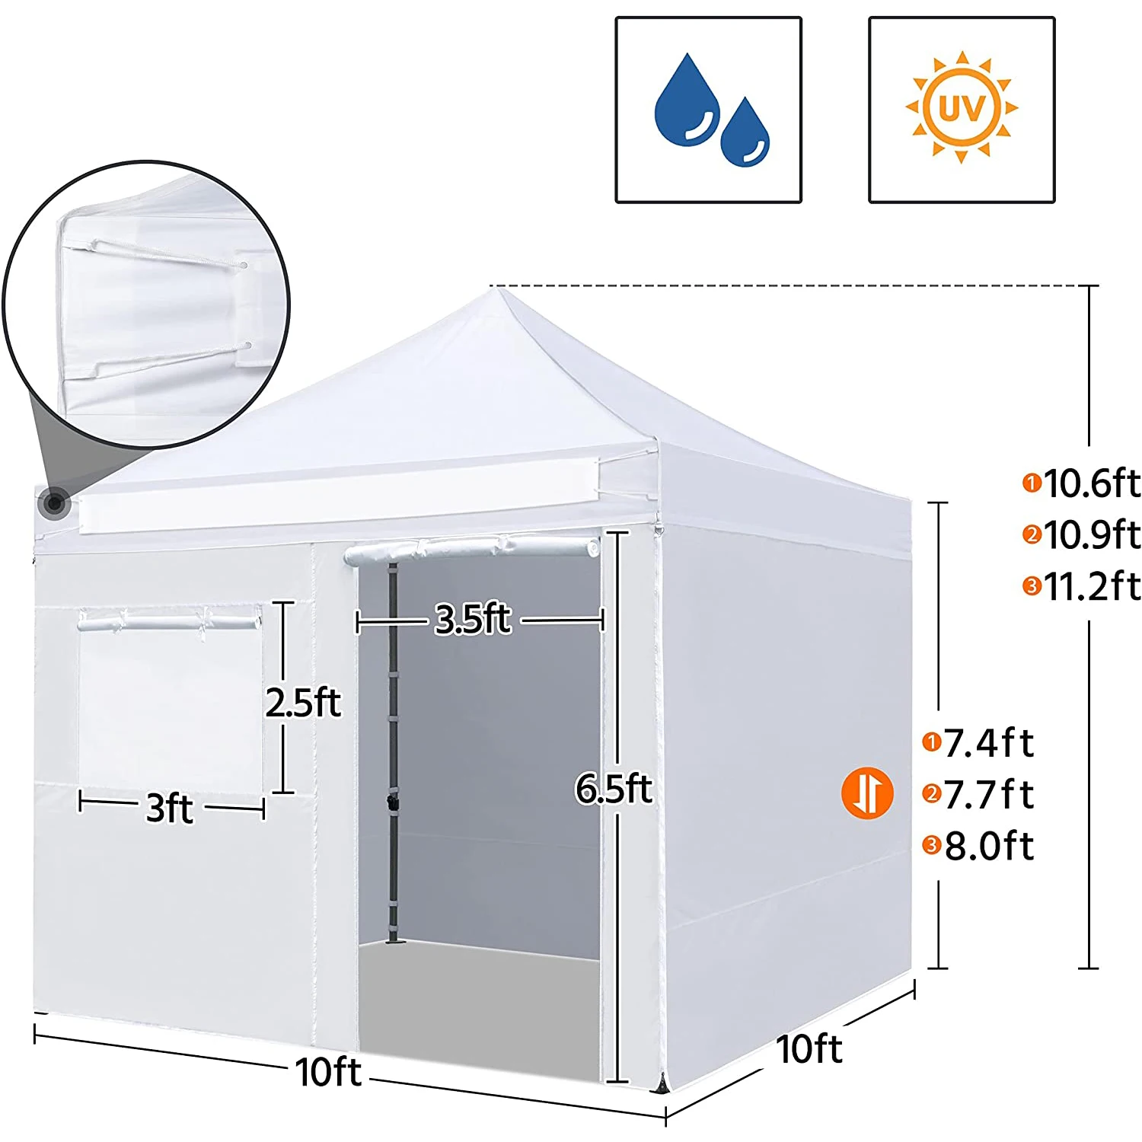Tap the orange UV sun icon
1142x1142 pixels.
tap(962, 107)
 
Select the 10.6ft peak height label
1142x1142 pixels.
tap(1090, 483)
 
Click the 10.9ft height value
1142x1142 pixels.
tap(1090, 535)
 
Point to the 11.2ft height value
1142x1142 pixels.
tap(1090, 587)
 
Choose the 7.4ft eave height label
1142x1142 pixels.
tap(988, 743)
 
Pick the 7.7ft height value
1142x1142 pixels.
tap(988, 796)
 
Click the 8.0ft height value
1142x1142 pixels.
tap(988, 847)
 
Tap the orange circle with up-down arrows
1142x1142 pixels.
tap(867, 793)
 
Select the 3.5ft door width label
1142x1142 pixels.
tap(473, 619)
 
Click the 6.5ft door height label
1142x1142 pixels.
tap(614, 788)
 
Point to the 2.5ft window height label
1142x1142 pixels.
tap(303, 702)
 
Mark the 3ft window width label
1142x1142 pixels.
tap(169, 807)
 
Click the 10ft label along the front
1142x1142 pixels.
tap(328, 1072)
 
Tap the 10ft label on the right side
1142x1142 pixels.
tap(809, 1049)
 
